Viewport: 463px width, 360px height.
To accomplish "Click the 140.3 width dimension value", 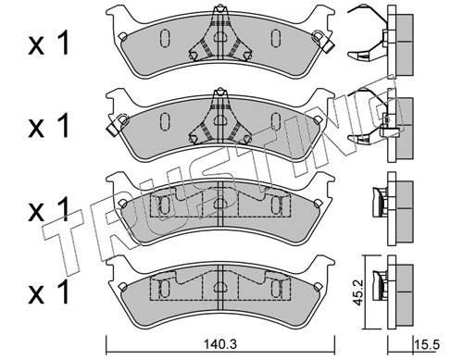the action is tap(220, 344).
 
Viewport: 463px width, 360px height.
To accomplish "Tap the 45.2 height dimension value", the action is tap(357, 292).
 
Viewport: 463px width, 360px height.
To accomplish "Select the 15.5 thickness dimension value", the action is tap(427, 344).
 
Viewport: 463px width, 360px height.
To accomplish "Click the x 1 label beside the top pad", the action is tap(48, 44).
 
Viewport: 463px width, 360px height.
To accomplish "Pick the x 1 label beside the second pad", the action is tap(48, 126).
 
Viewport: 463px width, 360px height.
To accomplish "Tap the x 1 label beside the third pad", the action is tap(48, 210).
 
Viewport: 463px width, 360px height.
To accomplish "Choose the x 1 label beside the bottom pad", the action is tap(48, 292).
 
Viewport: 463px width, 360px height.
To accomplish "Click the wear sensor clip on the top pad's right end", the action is tap(322, 41).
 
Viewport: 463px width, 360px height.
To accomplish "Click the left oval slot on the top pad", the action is tap(165, 38).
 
